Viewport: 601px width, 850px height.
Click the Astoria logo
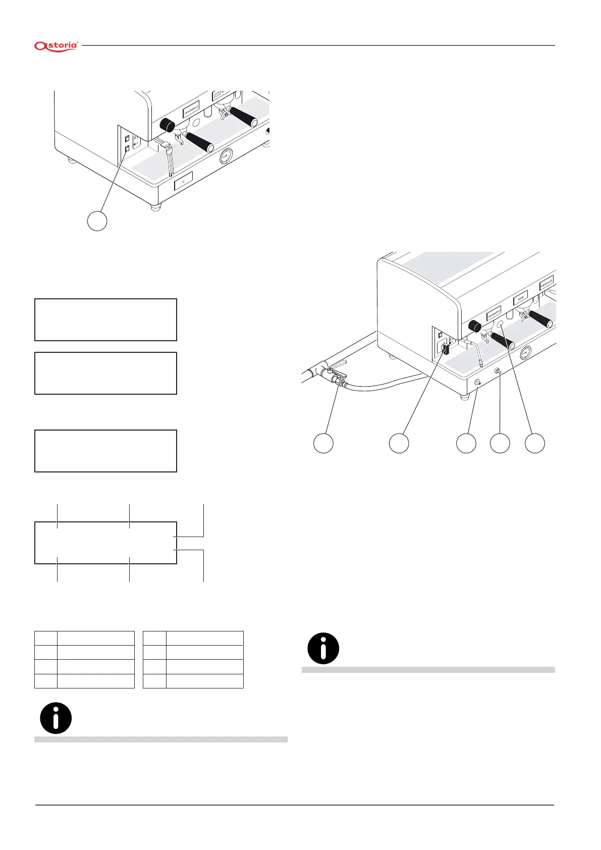(x=56, y=46)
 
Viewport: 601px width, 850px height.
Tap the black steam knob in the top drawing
(x=167, y=125)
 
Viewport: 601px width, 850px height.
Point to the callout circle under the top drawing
(x=97, y=221)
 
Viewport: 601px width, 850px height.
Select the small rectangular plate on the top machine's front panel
(x=184, y=181)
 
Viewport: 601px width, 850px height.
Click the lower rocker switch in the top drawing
(x=128, y=148)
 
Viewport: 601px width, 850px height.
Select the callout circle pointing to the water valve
(x=323, y=443)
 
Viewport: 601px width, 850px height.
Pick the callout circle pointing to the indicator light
(x=535, y=443)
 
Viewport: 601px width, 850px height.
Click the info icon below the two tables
(x=56, y=718)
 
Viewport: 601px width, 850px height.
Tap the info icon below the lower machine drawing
(x=323, y=648)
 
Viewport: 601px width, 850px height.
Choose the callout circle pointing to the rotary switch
(x=399, y=443)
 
